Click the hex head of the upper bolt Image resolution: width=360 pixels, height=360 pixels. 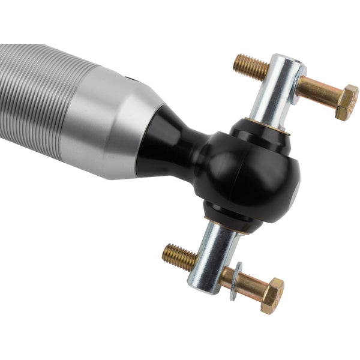346,101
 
